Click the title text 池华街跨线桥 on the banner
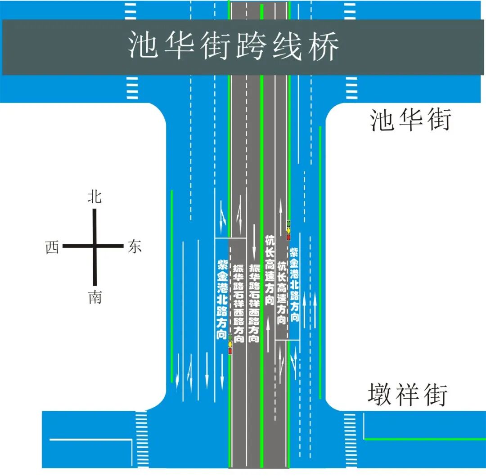pyautogui.click(x=233, y=46)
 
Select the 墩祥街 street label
pyautogui.click(x=408, y=395)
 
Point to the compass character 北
pyautogui.click(x=94, y=197)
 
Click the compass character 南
pyautogui.click(x=95, y=297)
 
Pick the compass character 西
pyautogui.click(x=52, y=247)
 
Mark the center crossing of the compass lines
pyautogui.click(x=95, y=246)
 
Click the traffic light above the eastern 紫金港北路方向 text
pyautogui.click(x=288, y=230)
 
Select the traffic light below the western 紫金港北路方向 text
pyautogui.click(x=230, y=344)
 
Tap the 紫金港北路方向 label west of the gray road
pyautogui.click(x=222, y=299)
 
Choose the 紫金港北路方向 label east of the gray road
pyautogui.click(x=294, y=284)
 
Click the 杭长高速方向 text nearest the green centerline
pyautogui.click(x=270, y=270)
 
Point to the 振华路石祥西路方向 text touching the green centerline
pyautogui.click(x=254, y=303)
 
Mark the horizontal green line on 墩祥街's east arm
pyautogui.click(x=423, y=439)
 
